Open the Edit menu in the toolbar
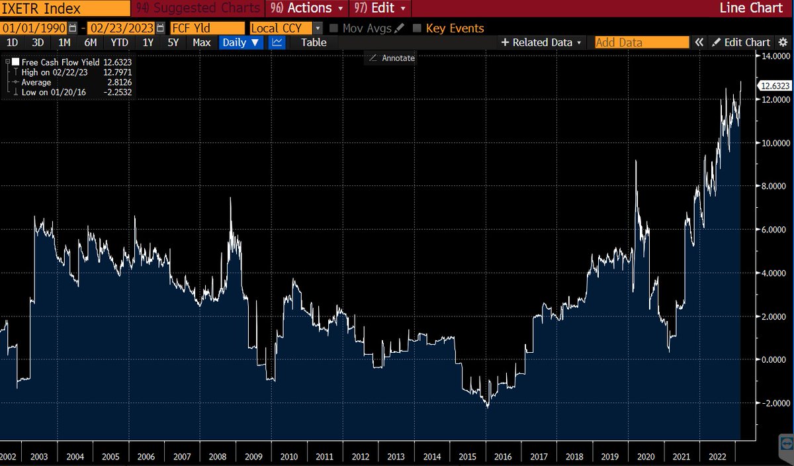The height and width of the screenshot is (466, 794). (x=382, y=9)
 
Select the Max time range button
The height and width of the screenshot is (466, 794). (x=202, y=42)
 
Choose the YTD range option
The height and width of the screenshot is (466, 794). (x=119, y=42)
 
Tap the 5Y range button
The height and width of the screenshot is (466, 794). (x=173, y=42)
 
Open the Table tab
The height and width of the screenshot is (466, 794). (x=314, y=42)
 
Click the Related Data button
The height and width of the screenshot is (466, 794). (x=542, y=42)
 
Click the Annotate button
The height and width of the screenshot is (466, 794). (x=392, y=58)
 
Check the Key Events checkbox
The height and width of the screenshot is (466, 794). (x=417, y=28)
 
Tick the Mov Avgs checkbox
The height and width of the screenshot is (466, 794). (x=333, y=28)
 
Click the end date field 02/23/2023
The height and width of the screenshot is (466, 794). (x=122, y=28)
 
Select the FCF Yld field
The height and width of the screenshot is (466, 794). (x=206, y=28)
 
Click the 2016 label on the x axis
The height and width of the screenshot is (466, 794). (x=503, y=456)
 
